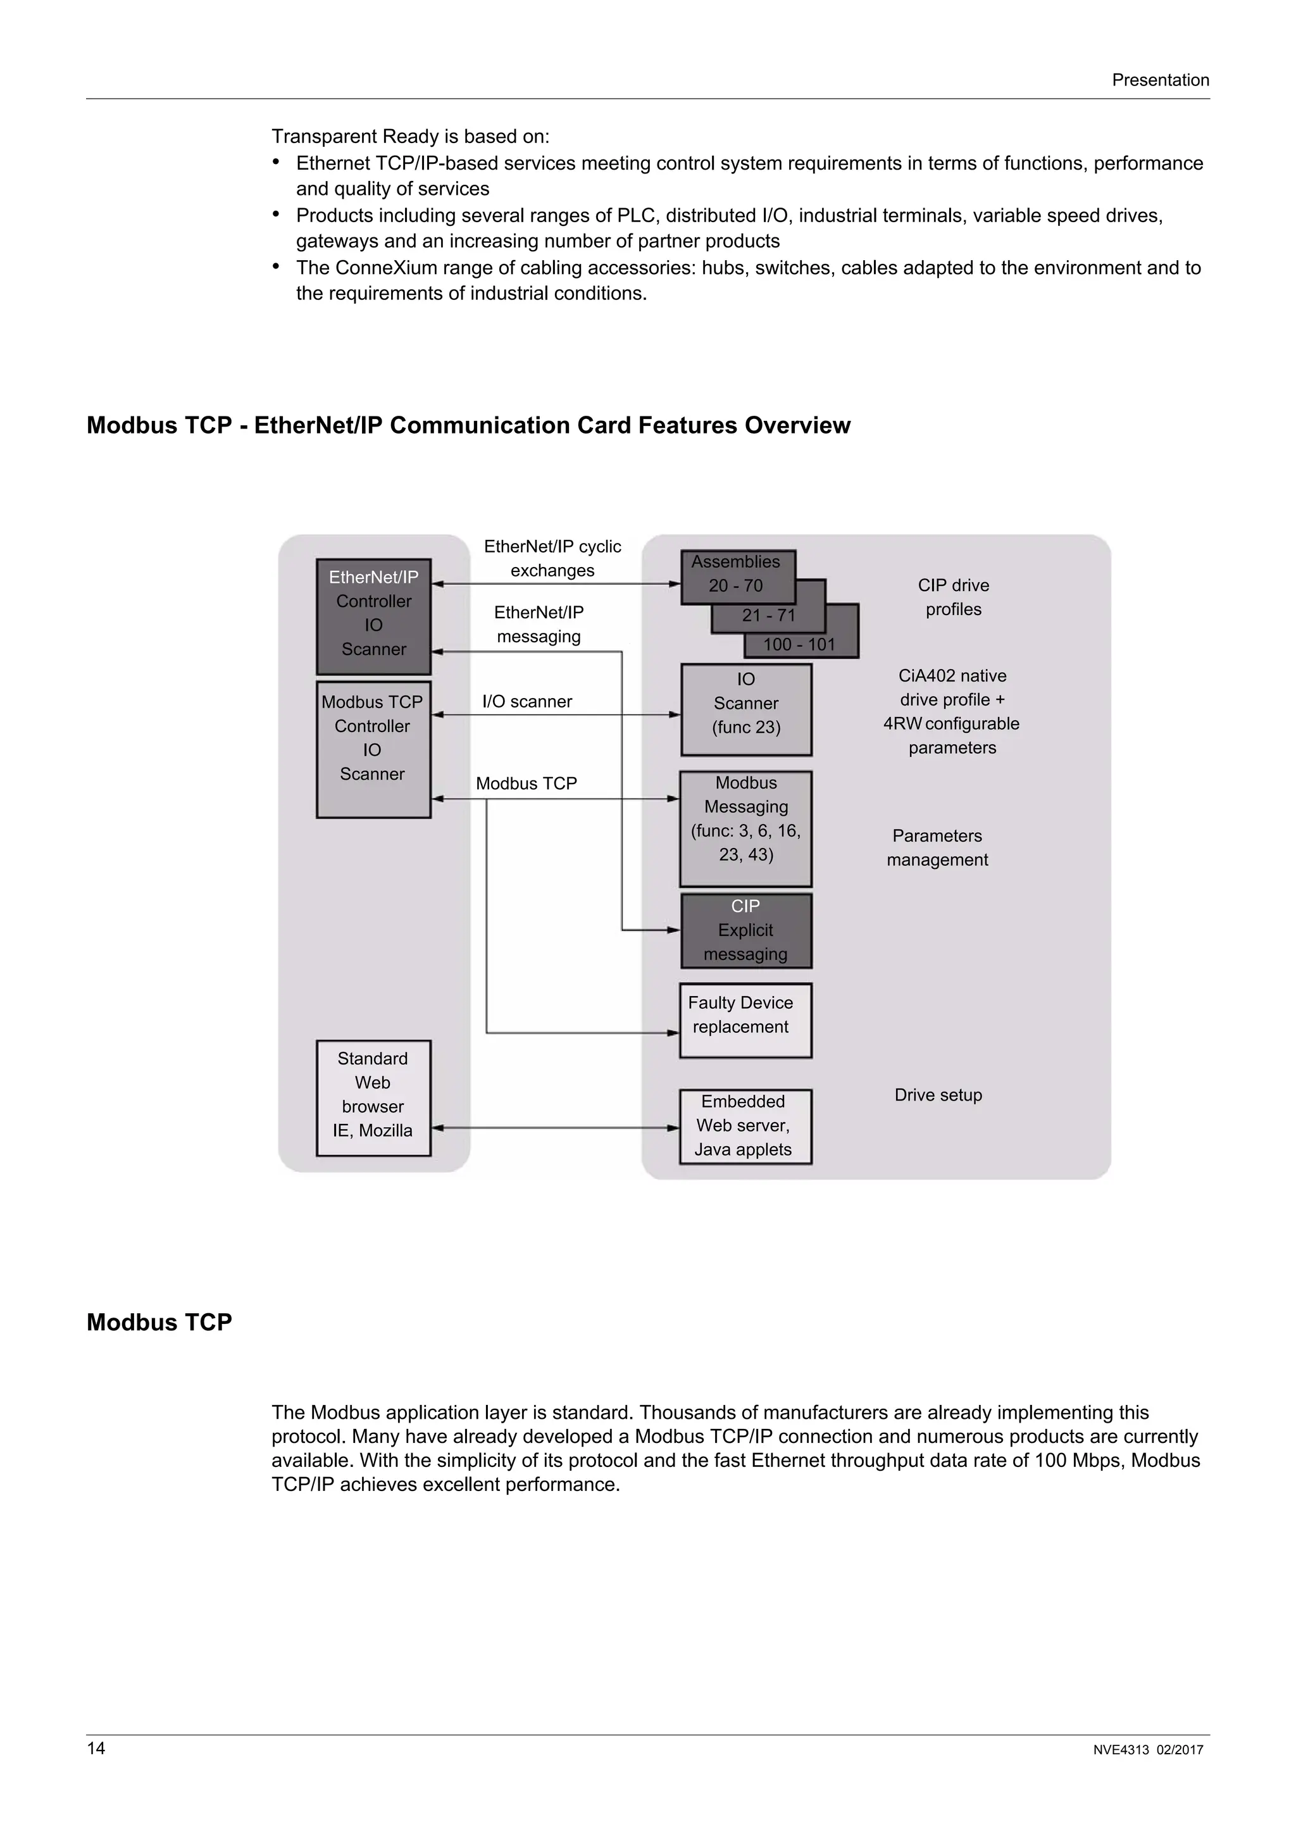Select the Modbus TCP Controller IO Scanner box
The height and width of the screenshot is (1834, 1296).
click(x=373, y=749)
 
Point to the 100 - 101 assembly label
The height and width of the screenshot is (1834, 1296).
click(x=799, y=645)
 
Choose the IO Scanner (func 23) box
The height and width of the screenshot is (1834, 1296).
click(x=746, y=709)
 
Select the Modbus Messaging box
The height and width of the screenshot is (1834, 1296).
click(x=746, y=828)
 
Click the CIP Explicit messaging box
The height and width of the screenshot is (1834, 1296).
click(x=746, y=930)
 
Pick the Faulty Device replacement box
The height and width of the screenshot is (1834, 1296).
click(x=744, y=1020)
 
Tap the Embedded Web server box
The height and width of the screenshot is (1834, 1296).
click(x=744, y=1126)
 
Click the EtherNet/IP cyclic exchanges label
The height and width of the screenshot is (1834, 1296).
click(x=552, y=558)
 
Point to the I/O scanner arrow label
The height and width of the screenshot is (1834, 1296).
click(x=527, y=701)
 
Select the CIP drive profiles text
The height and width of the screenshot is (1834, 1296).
click(x=954, y=597)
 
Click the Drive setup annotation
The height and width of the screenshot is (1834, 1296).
click(x=938, y=1095)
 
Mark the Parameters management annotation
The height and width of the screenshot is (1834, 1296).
click(x=937, y=847)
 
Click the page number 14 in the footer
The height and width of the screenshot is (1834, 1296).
click(x=96, y=1749)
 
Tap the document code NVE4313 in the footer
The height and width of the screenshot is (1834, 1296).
click(x=1120, y=1750)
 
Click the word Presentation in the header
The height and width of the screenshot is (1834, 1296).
click(x=1160, y=80)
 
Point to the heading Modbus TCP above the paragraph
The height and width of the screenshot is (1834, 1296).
click(x=159, y=1323)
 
